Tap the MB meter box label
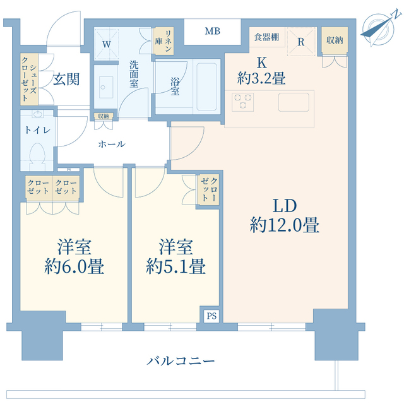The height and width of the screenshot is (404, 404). (212, 30)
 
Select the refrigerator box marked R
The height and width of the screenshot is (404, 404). (302, 42)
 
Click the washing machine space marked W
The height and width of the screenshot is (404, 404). (107, 44)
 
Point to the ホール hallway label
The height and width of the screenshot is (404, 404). (111, 144)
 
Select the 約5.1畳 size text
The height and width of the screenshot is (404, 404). (175, 266)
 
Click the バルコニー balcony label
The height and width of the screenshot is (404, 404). (181, 361)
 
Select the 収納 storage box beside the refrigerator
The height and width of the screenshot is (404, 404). (334, 41)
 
